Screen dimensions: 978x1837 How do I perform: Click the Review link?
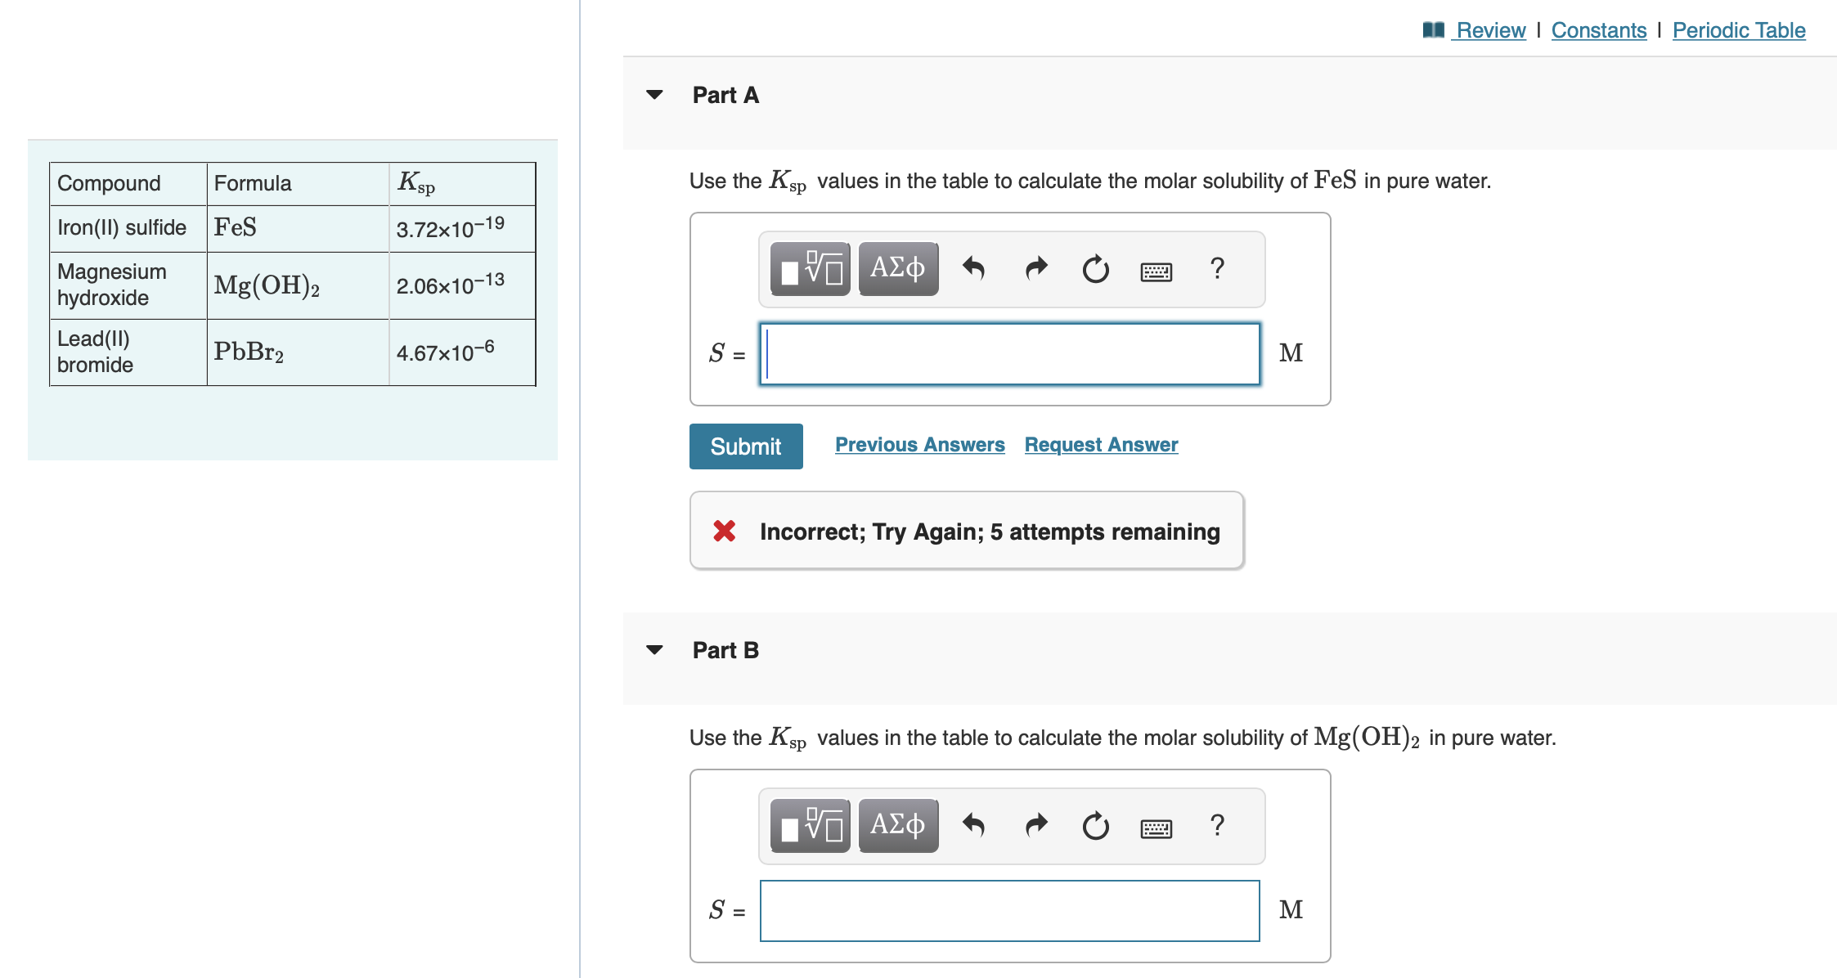click(1490, 30)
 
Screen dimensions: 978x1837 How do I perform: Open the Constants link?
click(1598, 30)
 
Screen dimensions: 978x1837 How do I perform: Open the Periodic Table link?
click(1738, 30)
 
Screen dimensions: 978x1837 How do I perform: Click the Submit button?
click(745, 446)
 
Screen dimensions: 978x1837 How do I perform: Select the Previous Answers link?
click(919, 445)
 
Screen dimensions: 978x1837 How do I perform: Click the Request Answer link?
click(1101, 445)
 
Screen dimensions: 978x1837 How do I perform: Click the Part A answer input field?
click(1009, 354)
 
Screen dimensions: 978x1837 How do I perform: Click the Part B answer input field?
click(1009, 911)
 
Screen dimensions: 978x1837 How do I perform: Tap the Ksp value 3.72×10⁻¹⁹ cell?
click(451, 228)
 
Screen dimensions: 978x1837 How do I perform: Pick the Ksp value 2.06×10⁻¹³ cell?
click(451, 285)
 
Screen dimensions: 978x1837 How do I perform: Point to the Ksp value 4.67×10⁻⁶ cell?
click(446, 352)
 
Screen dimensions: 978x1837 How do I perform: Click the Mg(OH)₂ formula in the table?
click(267, 285)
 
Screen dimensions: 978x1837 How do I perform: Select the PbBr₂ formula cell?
click(249, 352)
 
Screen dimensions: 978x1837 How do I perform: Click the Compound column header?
click(109, 183)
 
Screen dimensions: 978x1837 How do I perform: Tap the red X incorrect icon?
click(724, 532)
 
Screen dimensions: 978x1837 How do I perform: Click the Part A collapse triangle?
click(654, 95)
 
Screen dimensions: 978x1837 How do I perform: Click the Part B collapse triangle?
click(654, 650)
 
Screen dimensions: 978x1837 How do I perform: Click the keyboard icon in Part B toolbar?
click(1156, 828)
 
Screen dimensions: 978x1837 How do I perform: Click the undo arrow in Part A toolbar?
click(973, 268)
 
